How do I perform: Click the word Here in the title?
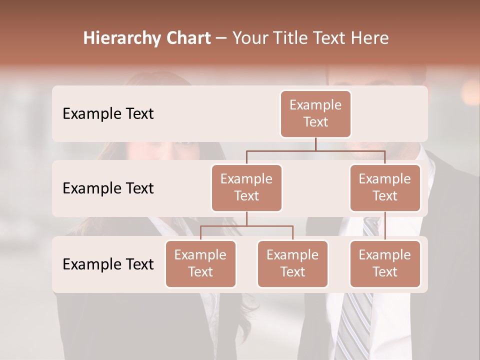[x=369, y=38]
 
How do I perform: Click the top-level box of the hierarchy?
[x=315, y=114]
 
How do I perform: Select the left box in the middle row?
[x=246, y=188]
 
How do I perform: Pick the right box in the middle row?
[x=385, y=188]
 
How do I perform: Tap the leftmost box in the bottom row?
[x=200, y=264]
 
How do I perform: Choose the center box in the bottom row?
[x=292, y=264]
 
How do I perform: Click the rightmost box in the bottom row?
[x=385, y=264]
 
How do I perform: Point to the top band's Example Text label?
[x=108, y=114]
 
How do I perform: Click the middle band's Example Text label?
[x=108, y=188]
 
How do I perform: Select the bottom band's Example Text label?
[x=108, y=264]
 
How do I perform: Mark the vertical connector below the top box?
[x=315, y=144]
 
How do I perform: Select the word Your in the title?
[x=250, y=38]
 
